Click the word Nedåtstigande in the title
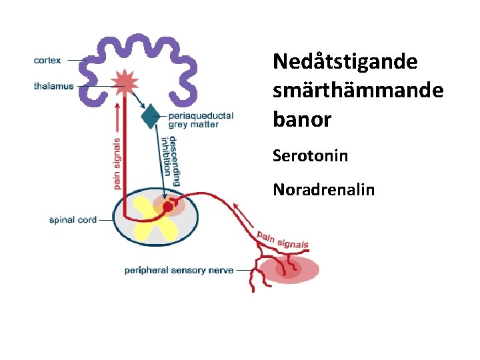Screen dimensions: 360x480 coord(345,62)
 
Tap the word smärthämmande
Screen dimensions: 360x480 coord(358,91)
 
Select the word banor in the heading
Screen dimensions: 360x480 coord(302,119)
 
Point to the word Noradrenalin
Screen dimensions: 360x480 coord(323,190)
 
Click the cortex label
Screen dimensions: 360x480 coord(47,60)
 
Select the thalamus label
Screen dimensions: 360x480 coord(54,86)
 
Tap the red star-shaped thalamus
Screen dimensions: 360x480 coord(125,82)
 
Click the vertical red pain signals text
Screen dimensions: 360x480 coord(117,163)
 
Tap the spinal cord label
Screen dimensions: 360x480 coord(73,219)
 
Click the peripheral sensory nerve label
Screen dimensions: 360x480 coord(179,271)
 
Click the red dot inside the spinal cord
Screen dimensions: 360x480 coord(167,207)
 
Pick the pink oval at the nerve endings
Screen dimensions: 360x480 coord(287,269)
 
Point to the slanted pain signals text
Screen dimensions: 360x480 coord(283,239)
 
